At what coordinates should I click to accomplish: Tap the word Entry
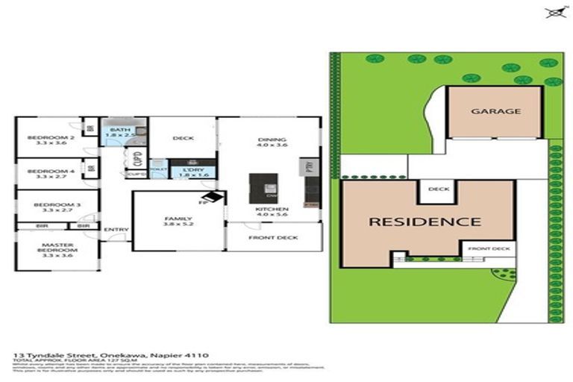[116, 229]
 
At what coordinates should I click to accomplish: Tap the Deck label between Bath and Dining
[183, 138]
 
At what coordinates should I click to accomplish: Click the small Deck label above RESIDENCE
[439, 189]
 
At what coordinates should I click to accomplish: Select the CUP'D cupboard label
[137, 158]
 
